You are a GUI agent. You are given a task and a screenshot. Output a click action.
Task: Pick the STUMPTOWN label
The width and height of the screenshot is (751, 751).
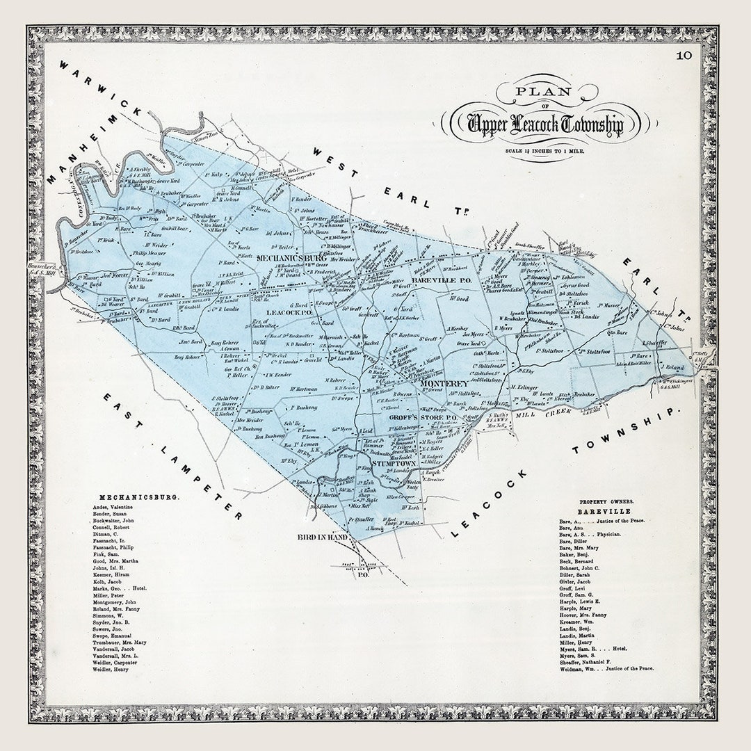coord(394,462)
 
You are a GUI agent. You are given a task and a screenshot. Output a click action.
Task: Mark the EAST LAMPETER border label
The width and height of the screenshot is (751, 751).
coord(174,455)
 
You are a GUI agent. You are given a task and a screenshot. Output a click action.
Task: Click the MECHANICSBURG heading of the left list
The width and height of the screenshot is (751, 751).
coord(140,498)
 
